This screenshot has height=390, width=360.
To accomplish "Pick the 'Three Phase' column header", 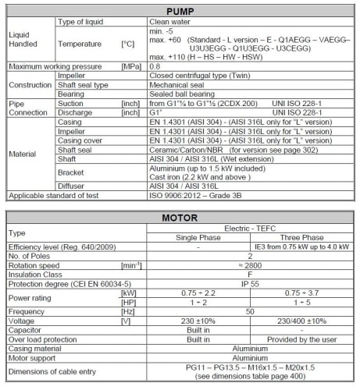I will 302,237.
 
